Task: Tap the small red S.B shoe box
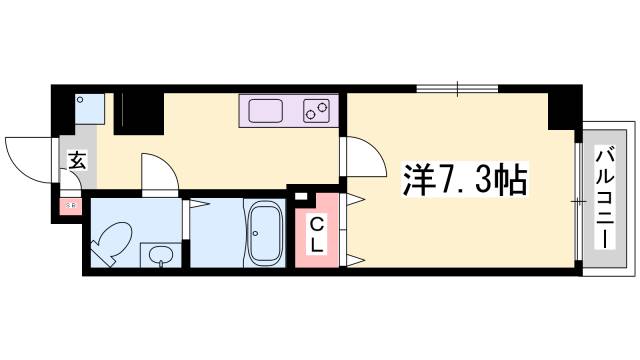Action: pos(70,207)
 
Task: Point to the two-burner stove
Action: pos(317,110)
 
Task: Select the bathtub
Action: pos(265,234)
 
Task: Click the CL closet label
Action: pos(315,235)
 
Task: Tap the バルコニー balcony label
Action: pos(605,198)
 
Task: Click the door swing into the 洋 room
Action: pos(363,156)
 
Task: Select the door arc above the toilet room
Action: pos(159,172)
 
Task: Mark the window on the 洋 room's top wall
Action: pos(458,90)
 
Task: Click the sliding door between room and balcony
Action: pos(577,201)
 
